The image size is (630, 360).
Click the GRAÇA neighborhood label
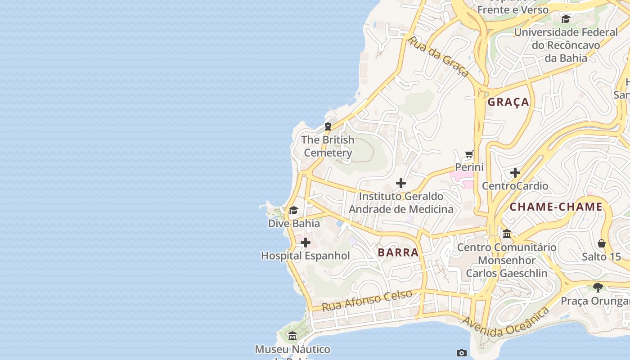tap(508, 102)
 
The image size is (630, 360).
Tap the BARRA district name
tap(398, 252)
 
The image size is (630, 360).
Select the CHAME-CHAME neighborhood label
tap(556, 207)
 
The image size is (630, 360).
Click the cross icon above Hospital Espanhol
tap(306, 243)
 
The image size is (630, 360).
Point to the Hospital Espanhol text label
tap(306, 256)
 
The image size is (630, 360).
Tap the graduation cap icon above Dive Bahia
tap(294, 210)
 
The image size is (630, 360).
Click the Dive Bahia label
tap(294, 223)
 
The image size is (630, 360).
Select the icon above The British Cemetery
tap(328, 126)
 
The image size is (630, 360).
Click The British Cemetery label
tap(328, 146)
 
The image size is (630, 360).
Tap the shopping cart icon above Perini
tap(469, 154)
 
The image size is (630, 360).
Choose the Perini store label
tap(469, 167)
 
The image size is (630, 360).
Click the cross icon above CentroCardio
tap(515, 173)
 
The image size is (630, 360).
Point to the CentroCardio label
tap(515, 186)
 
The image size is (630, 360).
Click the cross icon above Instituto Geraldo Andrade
tap(401, 183)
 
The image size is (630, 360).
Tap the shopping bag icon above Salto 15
tap(602, 244)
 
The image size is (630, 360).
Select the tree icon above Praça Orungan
tap(598, 287)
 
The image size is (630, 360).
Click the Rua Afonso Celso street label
tap(367, 301)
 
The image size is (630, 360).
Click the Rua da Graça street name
tap(438, 57)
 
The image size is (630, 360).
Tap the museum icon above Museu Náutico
tap(292, 336)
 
